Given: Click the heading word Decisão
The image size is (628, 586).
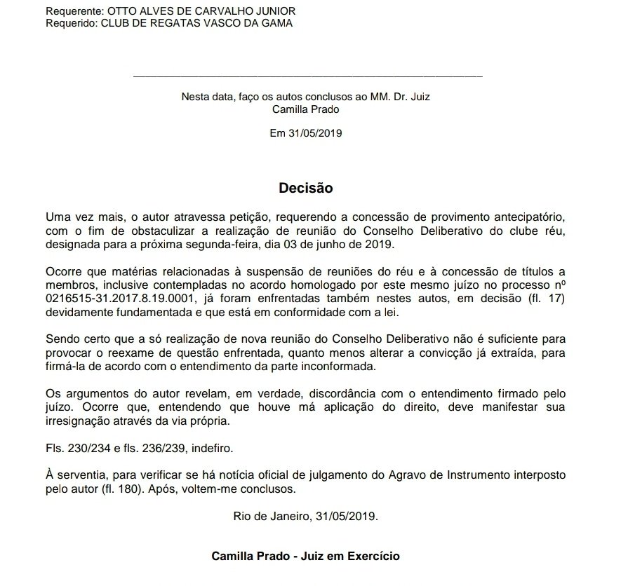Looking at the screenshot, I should click(x=305, y=188).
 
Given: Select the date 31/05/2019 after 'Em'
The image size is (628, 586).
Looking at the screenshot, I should click(x=315, y=132).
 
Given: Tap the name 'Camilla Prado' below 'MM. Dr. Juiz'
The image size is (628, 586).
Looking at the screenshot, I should click(x=306, y=109).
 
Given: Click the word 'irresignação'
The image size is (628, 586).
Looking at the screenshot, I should click(x=76, y=422).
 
